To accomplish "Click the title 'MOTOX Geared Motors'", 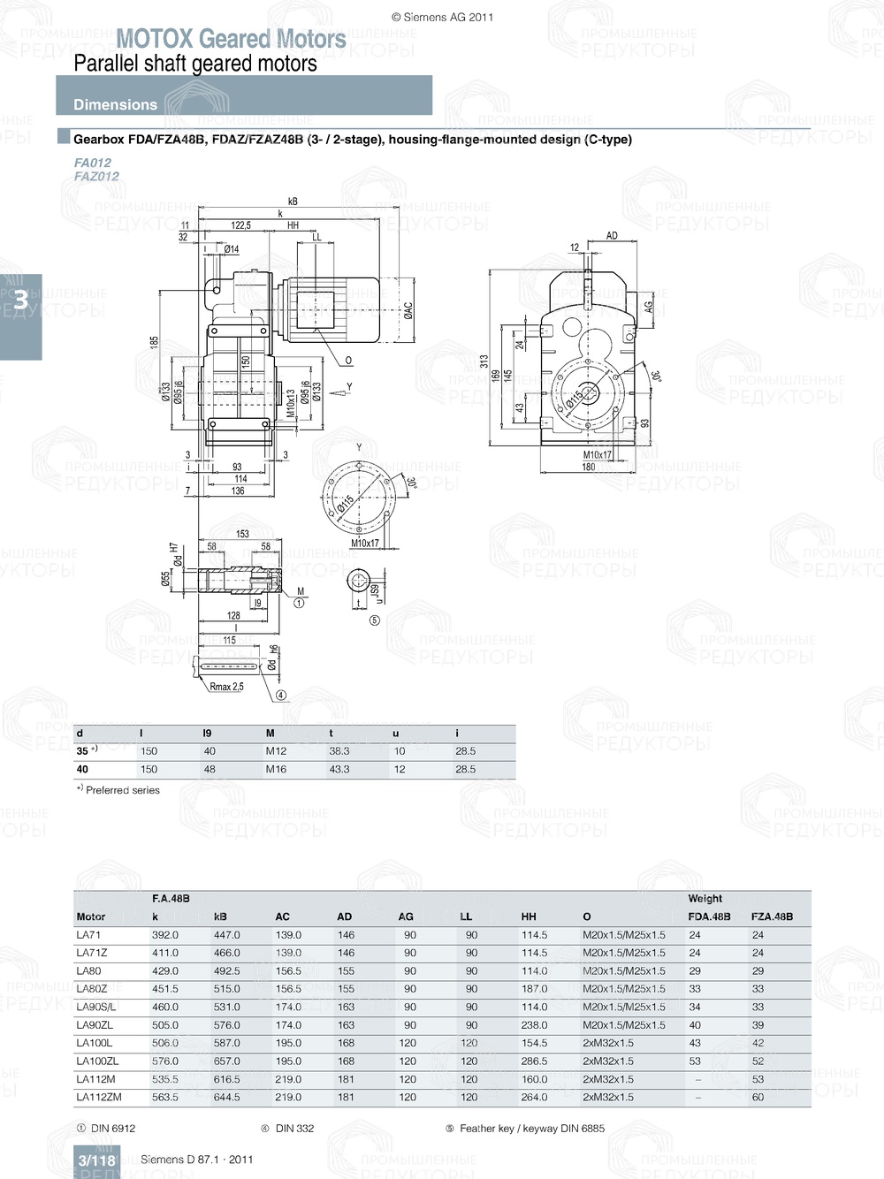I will click(x=231, y=39).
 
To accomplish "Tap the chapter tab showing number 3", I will click(x=20, y=300).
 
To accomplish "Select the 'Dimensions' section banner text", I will click(x=115, y=104).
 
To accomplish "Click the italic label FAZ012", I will click(x=96, y=176).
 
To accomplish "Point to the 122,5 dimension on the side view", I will click(x=240, y=225).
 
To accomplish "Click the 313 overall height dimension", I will click(x=484, y=361).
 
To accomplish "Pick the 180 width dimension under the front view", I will click(x=588, y=467).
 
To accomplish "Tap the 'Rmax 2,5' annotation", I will click(x=226, y=686).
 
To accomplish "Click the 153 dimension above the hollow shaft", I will click(x=242, y=534).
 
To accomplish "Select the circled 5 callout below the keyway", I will click(x=374, y=620).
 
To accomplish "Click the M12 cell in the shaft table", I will click(x=276, y=751).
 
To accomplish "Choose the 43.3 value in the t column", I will click(x=339, y=769).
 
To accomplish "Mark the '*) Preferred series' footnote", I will click(x=118, y=790).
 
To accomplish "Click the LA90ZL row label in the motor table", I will click(x=95, y=1025).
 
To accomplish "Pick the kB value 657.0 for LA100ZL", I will click(x=226, y=1061).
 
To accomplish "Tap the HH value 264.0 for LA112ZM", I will click(x=534, y=1097).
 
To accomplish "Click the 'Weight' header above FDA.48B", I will click(x=705, y=898).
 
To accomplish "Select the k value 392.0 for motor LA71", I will click(x=164, y=934).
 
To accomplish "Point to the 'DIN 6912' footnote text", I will click(x=113, y=1128).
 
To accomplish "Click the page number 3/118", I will click(x=96, y=1160).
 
